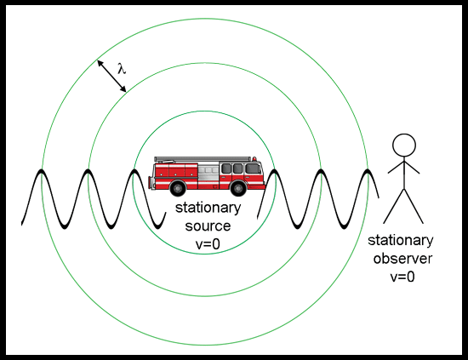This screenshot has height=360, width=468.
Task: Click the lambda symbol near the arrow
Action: point(122,68)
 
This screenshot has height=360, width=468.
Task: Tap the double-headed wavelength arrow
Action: point(112,76)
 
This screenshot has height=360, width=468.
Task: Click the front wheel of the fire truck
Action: point(238,188)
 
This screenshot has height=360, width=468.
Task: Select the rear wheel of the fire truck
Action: point(178,188)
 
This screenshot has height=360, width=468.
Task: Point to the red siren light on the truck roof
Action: point(254,159)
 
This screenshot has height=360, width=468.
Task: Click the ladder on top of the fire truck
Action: point(203,159)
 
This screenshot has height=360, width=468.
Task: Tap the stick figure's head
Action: point(404,145)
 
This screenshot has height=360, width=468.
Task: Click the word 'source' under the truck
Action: point(208,226)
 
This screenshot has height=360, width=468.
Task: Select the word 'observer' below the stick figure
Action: point(402,258)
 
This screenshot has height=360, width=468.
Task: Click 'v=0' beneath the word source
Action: point(208,244)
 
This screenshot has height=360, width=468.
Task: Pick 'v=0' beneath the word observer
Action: point(402,277)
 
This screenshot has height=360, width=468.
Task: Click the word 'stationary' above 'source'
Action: point(208,208)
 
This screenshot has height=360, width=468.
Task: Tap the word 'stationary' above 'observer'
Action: point(401,240)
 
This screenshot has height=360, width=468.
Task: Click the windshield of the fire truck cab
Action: point(253,169)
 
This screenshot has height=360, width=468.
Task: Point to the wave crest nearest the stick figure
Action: point(368,172)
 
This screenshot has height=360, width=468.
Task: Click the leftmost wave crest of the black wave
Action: point(41,172)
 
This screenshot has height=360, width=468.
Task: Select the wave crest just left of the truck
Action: point(134,172)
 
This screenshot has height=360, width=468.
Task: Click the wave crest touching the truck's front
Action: point(274,172)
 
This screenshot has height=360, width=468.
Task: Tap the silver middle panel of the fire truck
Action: point(208,174)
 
